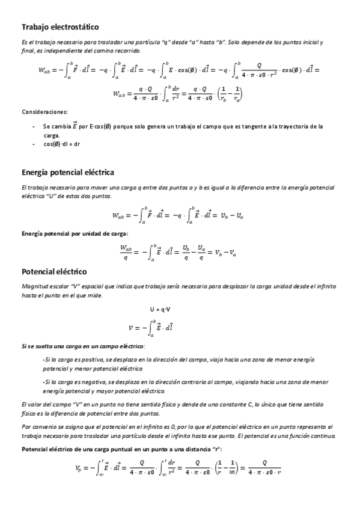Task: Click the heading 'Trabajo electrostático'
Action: pos(60,27)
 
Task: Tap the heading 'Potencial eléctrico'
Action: pos(54,272)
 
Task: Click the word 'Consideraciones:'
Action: pos(44,112)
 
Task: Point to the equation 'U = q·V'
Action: pos(160,310)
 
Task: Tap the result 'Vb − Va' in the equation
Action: pos(225,253)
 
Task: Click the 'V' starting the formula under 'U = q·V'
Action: pos(130,328)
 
